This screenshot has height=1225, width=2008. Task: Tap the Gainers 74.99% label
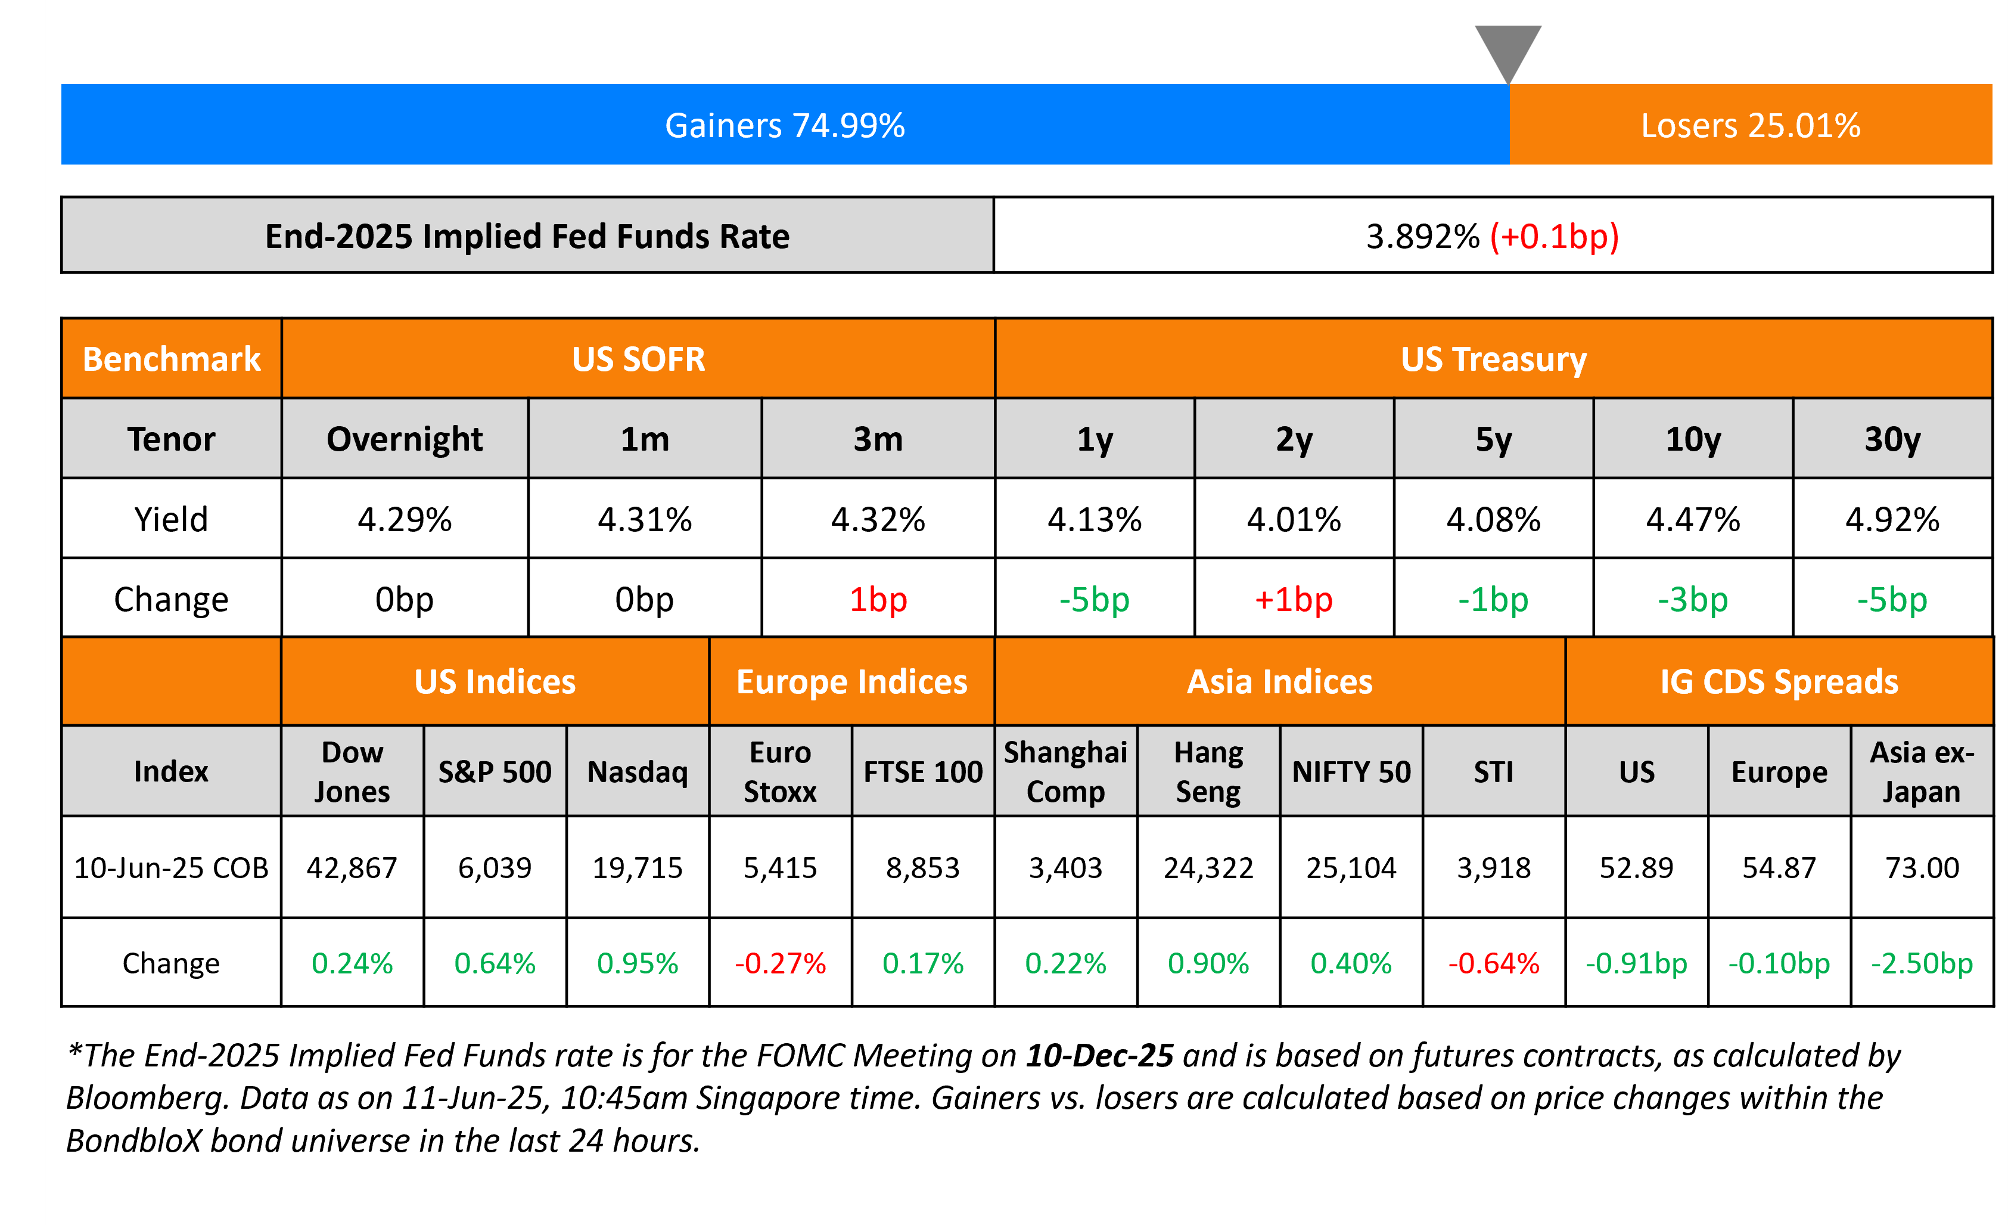tap(785, 126)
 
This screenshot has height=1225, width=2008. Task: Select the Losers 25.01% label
tap(1751, 126)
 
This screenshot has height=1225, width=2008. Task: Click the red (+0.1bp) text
tap(1554, 237)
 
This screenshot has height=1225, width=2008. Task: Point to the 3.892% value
tap(1422, 237)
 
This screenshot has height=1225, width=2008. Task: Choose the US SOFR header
tap(638, 359)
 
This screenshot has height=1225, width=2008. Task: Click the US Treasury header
tap(1493, 359)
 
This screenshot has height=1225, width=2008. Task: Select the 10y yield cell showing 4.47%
tap(1693, 519)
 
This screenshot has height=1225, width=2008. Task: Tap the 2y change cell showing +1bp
tap(1294, 600)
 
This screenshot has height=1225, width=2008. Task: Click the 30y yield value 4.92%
tap(1892, 519)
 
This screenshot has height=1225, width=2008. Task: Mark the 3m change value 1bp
tap(878, 600)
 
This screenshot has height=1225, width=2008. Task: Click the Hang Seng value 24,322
tap(1208, 868)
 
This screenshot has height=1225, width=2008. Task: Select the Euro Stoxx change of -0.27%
tap(780, 963)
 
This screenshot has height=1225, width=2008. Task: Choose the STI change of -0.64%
tap(1493, 963)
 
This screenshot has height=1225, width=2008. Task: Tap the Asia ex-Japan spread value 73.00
tap(1922, 868)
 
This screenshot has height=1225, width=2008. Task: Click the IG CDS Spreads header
tap(1779, 682)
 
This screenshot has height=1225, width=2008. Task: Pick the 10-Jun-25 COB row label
tap(171, 868)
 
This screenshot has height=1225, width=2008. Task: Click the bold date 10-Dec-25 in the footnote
tap(1099, 1056)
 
